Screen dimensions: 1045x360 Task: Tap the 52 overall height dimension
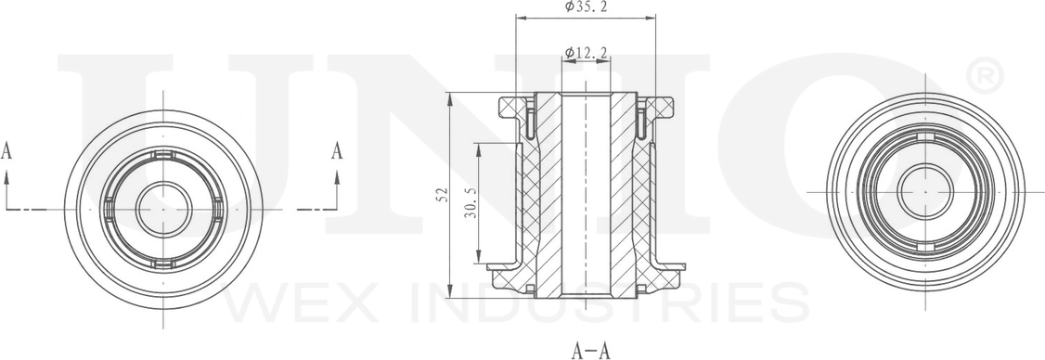pyautogui.click(x=442, y=195)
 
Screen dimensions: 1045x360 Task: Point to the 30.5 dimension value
pyautogui.click(x=470, y=202)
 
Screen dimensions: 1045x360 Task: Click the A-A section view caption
pyautogui.click(x=590, y=350)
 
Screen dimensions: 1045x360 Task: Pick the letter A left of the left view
pyautogui.click(x=6, y=151)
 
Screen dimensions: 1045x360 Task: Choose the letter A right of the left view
pyautogui.click(x=337, y=151)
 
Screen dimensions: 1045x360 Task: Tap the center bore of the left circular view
pyautogui.click(x=164, y=209)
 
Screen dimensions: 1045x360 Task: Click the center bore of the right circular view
pyautogui.click(x=925, y=192)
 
